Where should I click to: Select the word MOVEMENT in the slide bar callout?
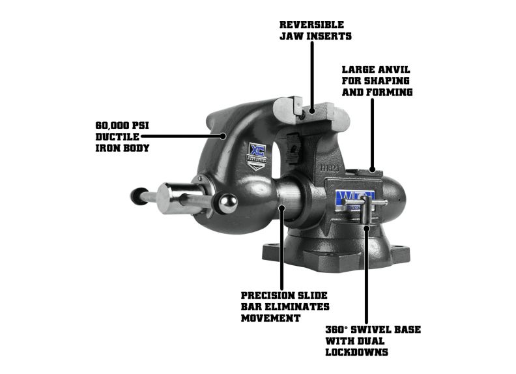[x=270, y=318]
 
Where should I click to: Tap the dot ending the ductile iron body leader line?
[x=223, y=136]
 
